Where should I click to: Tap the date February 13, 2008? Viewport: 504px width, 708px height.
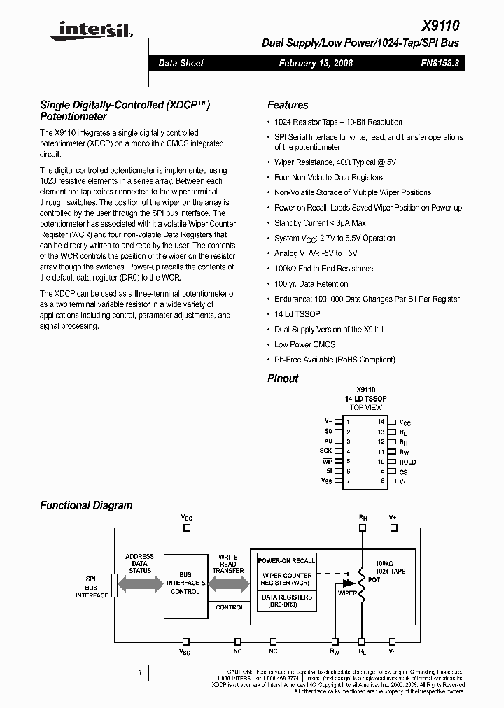(316, 63)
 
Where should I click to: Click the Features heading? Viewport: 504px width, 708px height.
(288, 105)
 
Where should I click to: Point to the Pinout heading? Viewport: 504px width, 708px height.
(283, 378)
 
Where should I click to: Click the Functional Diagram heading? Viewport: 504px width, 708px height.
(86, 505)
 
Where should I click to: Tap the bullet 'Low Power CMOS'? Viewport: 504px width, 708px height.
(304, 344)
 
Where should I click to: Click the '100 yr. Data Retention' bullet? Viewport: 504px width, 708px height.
(311, 284)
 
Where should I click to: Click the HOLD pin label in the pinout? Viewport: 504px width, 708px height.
(407, 462)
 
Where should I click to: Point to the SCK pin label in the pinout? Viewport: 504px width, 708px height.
(326, 451)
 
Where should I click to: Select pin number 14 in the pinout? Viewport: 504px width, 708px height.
(381, 422)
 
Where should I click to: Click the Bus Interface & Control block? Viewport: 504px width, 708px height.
(185, 586)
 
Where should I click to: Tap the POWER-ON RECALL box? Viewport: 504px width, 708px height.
(286, 561)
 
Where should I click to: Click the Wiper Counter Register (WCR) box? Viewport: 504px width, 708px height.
(286, 579)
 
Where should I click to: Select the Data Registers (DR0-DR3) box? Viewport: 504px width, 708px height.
(286, 600)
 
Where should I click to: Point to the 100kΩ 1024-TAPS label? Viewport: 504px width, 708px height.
(390, 567)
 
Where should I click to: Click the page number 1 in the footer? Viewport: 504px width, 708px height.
(140, 672)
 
